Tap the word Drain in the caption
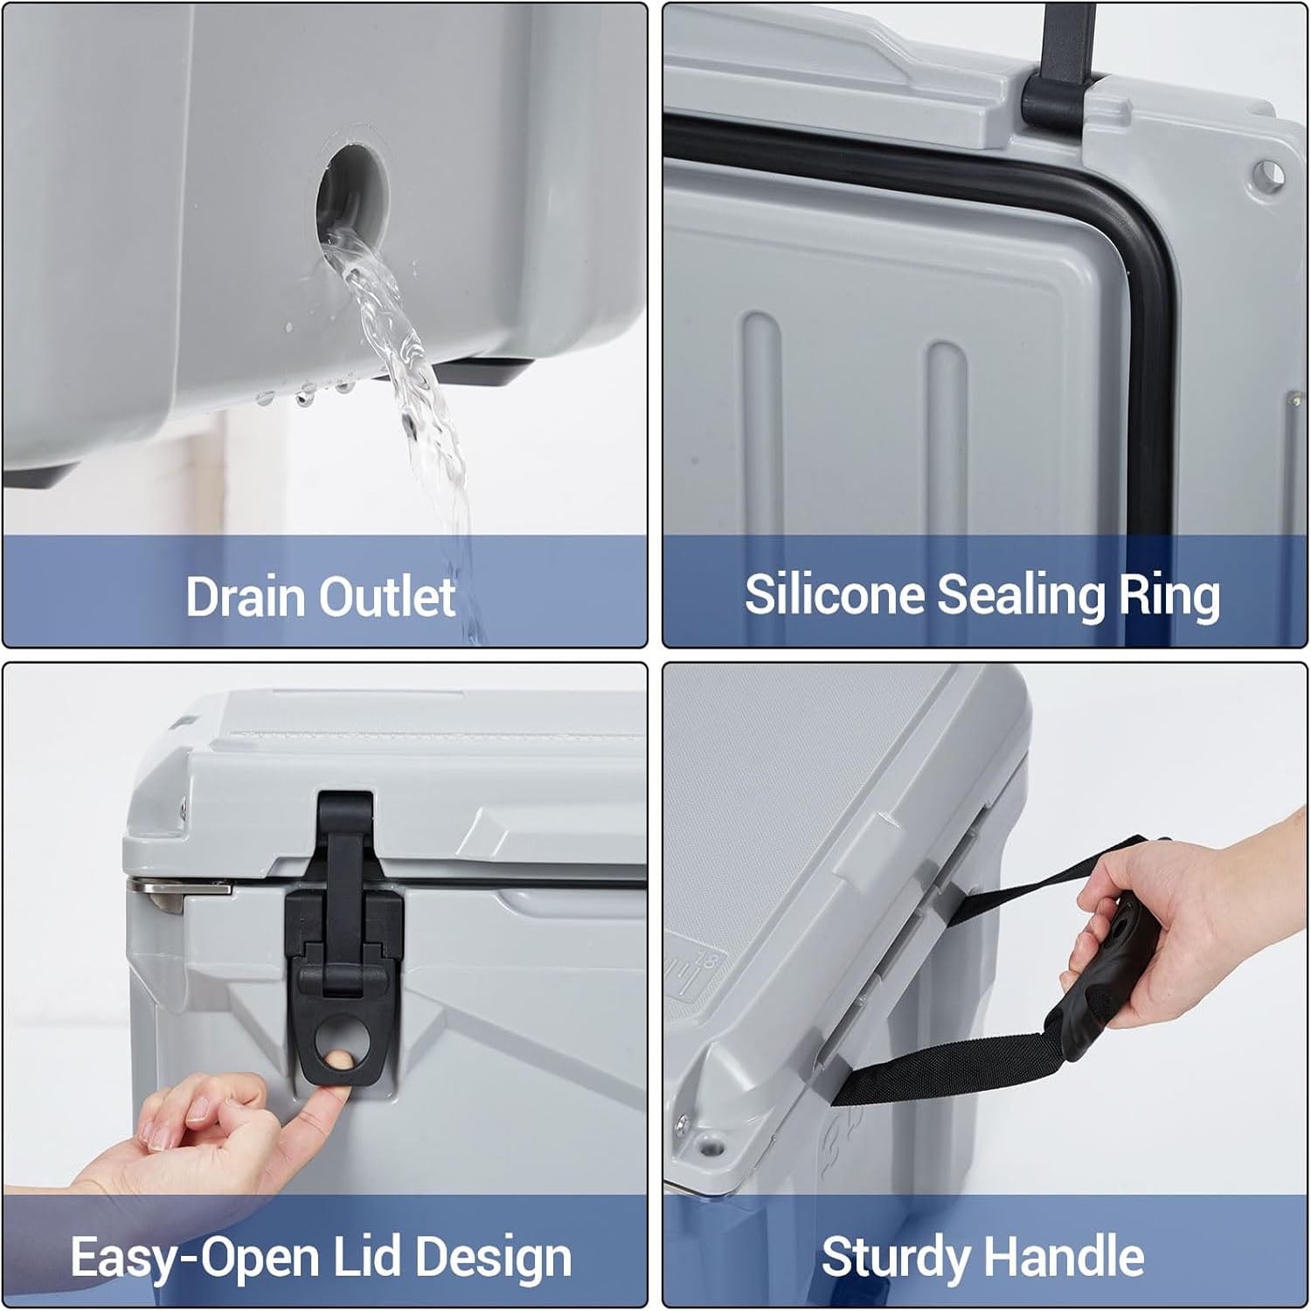tap(246, 597)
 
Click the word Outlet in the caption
tap(386, 597)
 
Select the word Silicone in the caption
tap(833, 594)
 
